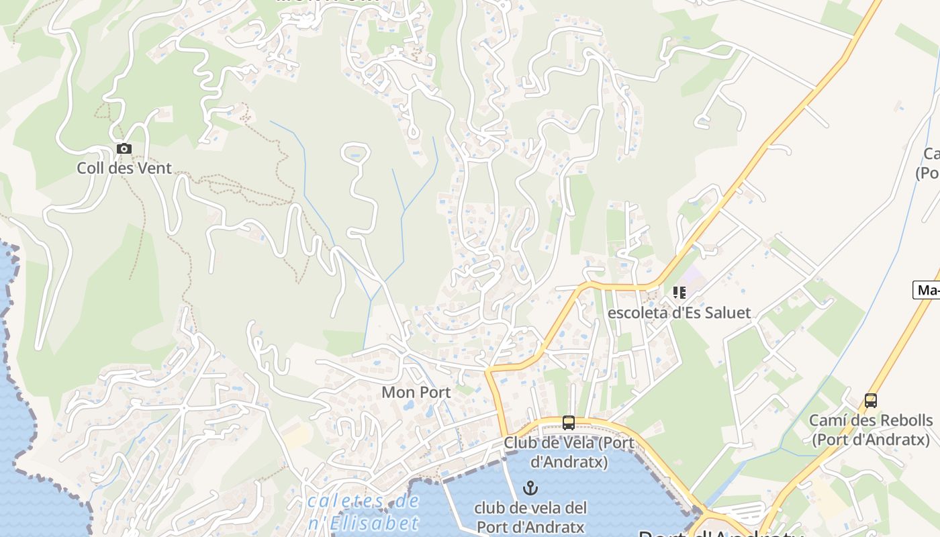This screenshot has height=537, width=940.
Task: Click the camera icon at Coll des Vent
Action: [x=124, y=149]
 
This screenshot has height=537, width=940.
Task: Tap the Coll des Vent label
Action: [x=124, y=168]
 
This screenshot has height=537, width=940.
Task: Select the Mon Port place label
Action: [x=416, y=392]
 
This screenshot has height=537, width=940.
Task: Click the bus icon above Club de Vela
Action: [x=568, y=423]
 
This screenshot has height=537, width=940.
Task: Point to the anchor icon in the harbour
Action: [x=530, y=488]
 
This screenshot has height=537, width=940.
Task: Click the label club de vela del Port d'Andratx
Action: [x=530, y=517]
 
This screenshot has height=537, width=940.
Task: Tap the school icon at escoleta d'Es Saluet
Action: [x=679, y=293]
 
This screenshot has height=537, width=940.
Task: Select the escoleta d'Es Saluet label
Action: [x=679, y=313]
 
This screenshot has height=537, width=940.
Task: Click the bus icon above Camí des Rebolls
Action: [x=871, y=401]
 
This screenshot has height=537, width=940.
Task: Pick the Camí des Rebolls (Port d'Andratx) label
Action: [x=871, y=430]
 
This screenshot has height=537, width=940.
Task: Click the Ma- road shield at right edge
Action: [x=927, y=291]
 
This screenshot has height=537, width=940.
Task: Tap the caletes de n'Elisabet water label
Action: [x=363, y=512]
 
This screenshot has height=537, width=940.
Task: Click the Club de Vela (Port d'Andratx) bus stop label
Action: [x=568, y=452]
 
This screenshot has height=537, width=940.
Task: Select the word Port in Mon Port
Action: [x=434, y=392]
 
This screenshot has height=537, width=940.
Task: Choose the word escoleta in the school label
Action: [x=634, y=313]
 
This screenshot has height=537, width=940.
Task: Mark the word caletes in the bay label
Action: [x=338, y=501]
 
